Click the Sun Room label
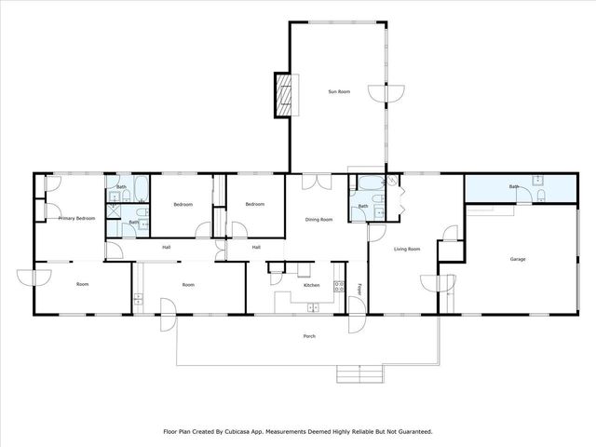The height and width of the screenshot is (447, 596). coord(338,91)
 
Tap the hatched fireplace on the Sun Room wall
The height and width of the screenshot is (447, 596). coord(283,95)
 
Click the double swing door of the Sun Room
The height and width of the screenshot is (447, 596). coord(386,93)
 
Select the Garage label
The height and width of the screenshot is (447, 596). coord(519,259)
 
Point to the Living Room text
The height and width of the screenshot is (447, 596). coord(407,249)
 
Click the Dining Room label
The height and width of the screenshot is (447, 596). coord(319,220)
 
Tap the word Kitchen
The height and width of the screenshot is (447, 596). coord(312,285)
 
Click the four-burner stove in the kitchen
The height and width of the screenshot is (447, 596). coord(339,289)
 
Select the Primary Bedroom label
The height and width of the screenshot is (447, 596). coord(77,218)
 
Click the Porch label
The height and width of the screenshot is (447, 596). coord(309,336)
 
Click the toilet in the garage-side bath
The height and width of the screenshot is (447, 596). coord(539,179)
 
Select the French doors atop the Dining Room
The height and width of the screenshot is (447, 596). coord(319,181)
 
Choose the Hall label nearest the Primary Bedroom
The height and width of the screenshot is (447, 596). coord(167,247)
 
